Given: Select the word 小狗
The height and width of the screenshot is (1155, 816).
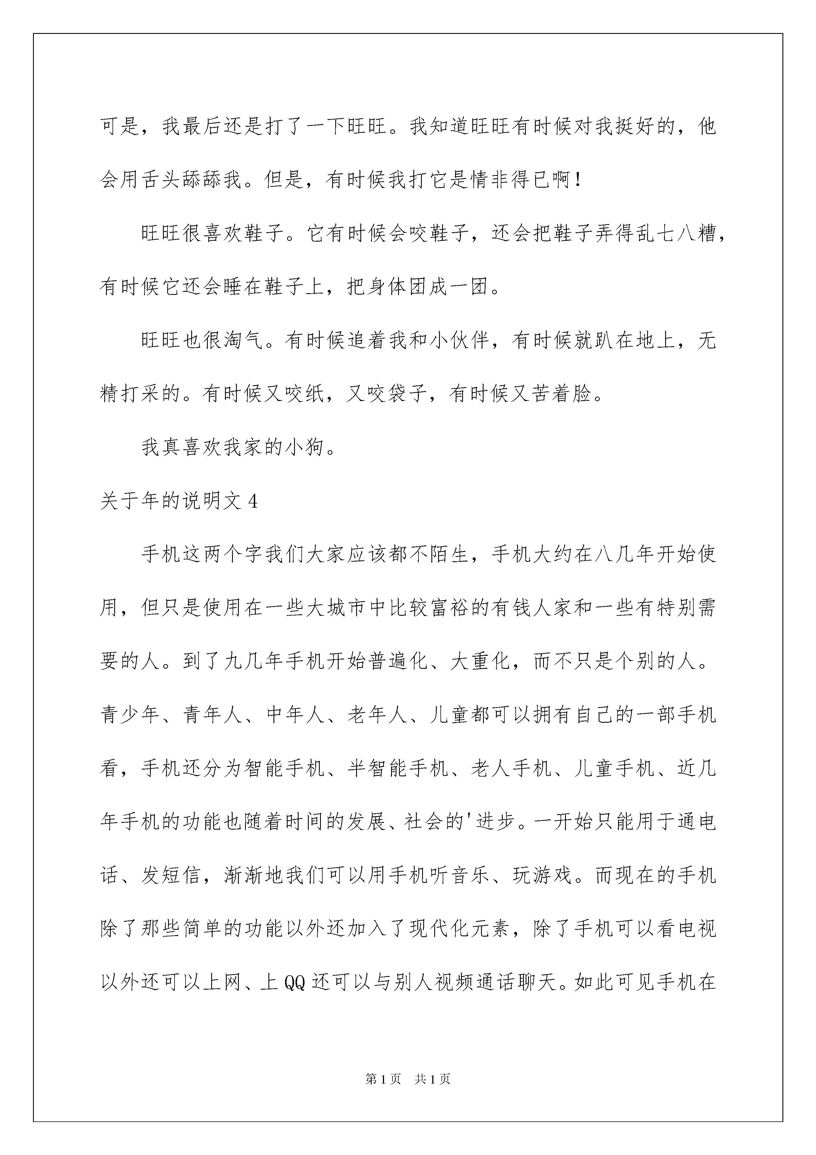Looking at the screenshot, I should (305, 448).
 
